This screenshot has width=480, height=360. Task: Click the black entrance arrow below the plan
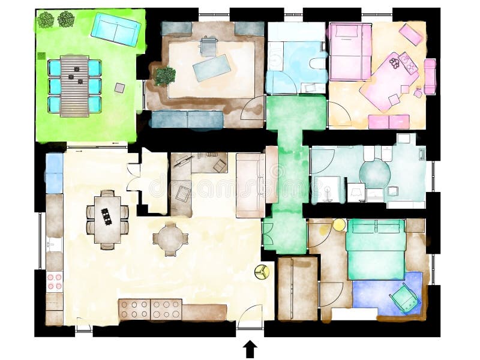pyautogui.click(x=251, y=348)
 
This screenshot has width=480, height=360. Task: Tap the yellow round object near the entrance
pyautogui.click(x=262, y=272)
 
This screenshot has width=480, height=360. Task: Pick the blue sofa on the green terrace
pyautogui.click(x=115, y=28)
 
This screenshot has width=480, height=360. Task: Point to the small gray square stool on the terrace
pyautogui.click(x=120, y=88)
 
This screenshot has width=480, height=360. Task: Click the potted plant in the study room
pyautogui.click(x=164, y=76)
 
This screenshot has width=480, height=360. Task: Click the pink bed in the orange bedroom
pyautogui.click(x=350, y=51)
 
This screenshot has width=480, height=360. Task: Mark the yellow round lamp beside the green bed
pyautogui.click(x=339, y=224)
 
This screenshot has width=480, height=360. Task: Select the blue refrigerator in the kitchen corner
pyautogui.click(x=55, y=173)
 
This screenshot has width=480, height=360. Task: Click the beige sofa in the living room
pyautogui.click(x=250, y=185)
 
